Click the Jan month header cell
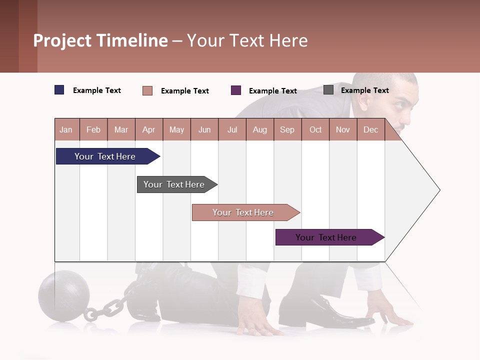(x=66, y=129)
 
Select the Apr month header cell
(x=149, y=129)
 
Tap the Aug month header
(x=259, y=129)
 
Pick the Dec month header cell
(x=370, y=129)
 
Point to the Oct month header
(x=315, y=129)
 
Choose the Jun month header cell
(x=204, y=129)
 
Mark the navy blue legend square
(x=59, y=90)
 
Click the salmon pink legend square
(x=147, y=90)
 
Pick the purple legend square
(x=236, y=90)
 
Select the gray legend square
(x=328, y=90)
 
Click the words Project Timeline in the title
(x=100, y=40)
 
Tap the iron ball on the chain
(x=64, y=292)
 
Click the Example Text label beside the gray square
(x=364, y=90)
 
